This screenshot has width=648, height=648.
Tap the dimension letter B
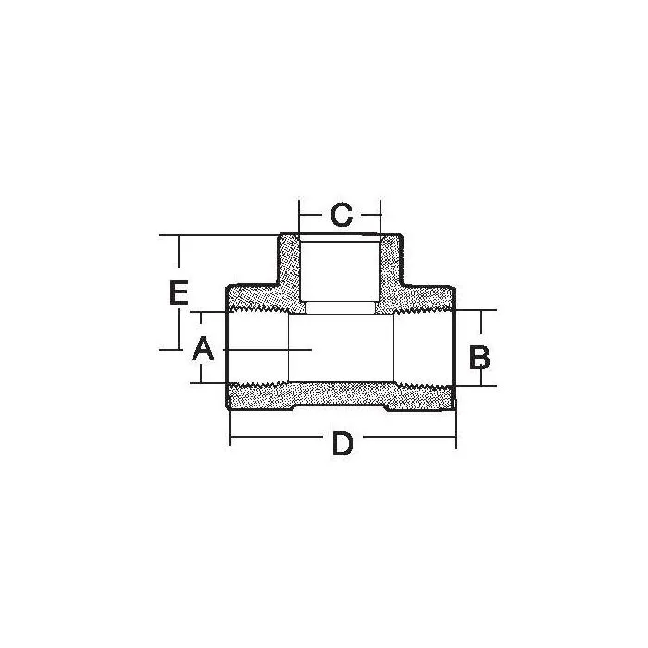[479, 357]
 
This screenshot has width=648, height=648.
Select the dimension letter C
[341, 216]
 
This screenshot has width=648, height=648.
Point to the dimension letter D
[343, 444]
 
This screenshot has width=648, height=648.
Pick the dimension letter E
[180, 293]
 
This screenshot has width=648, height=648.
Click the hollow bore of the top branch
[340, 268]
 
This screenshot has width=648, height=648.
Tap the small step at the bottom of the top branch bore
[340, 308]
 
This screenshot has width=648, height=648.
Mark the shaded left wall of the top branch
[290, 268]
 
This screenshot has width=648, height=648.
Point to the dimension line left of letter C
[313, 216]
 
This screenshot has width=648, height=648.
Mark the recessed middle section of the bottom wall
[340, 398]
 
